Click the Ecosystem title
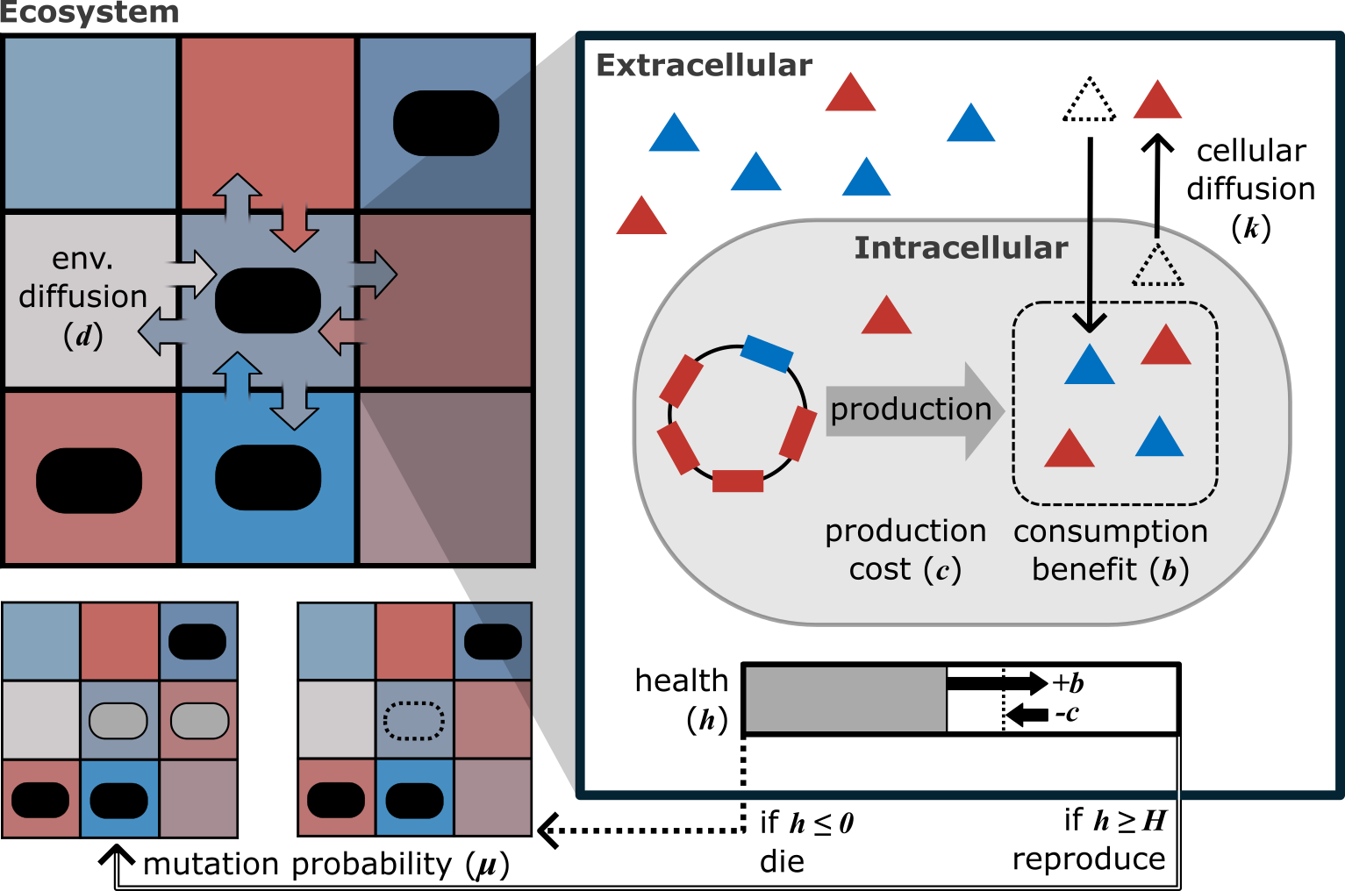(89, 13)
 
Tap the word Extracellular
(704, 66)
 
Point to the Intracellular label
(961, 248)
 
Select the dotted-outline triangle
(1089, 102)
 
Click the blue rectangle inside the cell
(766, 353)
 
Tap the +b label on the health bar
(1068, 682)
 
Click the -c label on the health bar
(1067, 714)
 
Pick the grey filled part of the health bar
(844, 699)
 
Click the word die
(782, 861)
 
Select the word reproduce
(1089, 859)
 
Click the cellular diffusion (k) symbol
(1250, 229)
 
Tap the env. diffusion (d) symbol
(83, 336)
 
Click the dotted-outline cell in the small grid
(414, 721)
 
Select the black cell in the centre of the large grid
(268, 300)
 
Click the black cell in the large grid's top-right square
(446, 123)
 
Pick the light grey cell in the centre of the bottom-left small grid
(118, 721)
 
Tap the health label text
(681, 681)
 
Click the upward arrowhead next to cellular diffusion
(1157, 144)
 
